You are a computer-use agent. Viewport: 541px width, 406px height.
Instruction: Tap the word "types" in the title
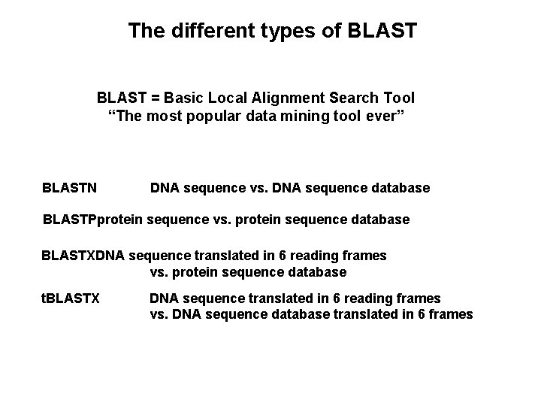[277, 31]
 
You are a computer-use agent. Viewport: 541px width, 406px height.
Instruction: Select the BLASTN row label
[73, 187]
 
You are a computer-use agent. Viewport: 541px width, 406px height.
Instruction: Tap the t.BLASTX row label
[70, 298]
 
